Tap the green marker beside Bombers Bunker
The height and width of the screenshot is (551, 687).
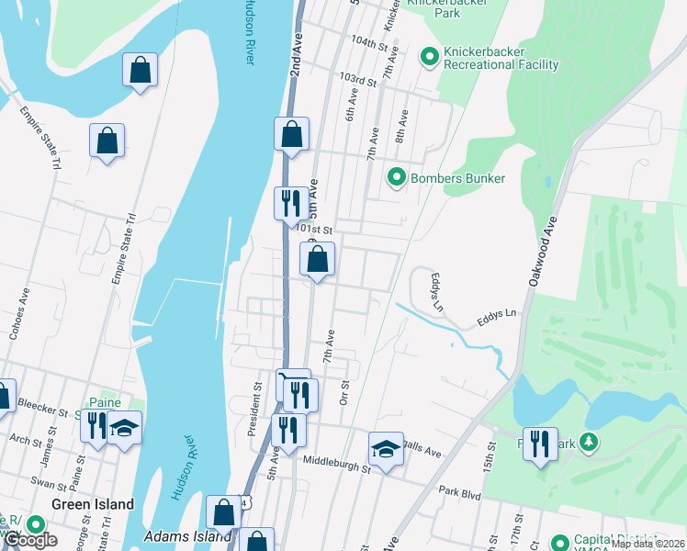point(397,177)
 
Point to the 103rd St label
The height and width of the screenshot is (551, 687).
point(358,80)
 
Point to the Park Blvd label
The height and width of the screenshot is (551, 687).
point(459,493)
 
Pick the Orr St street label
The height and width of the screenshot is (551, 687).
point(345,392)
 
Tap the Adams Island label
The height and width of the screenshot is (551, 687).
point(188,535)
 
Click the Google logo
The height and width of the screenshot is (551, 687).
point(30,540)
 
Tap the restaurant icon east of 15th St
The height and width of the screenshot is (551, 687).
point(540,444)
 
